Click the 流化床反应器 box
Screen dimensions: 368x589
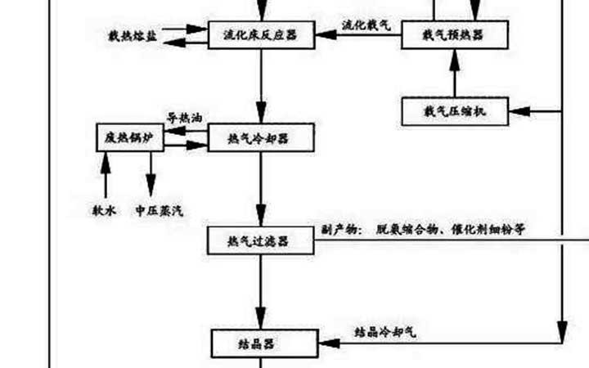pyautogui.click(x=260, y=34)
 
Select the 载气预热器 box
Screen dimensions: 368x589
pyautogui.click(x=454, y=34)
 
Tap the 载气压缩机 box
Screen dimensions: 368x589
pyautogui.click(x=454, y=110)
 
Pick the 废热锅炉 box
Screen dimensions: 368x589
pyautogui.click(x=129, y=137)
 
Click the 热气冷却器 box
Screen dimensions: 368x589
pyautogui.click(x=260, y=138)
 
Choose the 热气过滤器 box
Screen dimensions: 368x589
pyautogui.click(x=260, y=240)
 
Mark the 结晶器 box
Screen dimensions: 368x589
pyautogui.click(x=263, y=343)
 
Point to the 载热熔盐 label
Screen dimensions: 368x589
pyautogui.click(x=133, y=36)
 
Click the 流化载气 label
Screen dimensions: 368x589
pyautogui.click(x=366, y=25)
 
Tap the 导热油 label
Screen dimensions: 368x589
pyautogui.click(x=183, y=117)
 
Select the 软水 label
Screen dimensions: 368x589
pyautogui.click(x=104, y=210)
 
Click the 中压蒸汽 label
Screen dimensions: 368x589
pyautogui.click(x=160, y=210)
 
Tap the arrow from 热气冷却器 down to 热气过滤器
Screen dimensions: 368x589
pyautogui.click(x=260, y=188)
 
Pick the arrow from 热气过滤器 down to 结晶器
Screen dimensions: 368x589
pyautogui.click(x=260, y=290)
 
